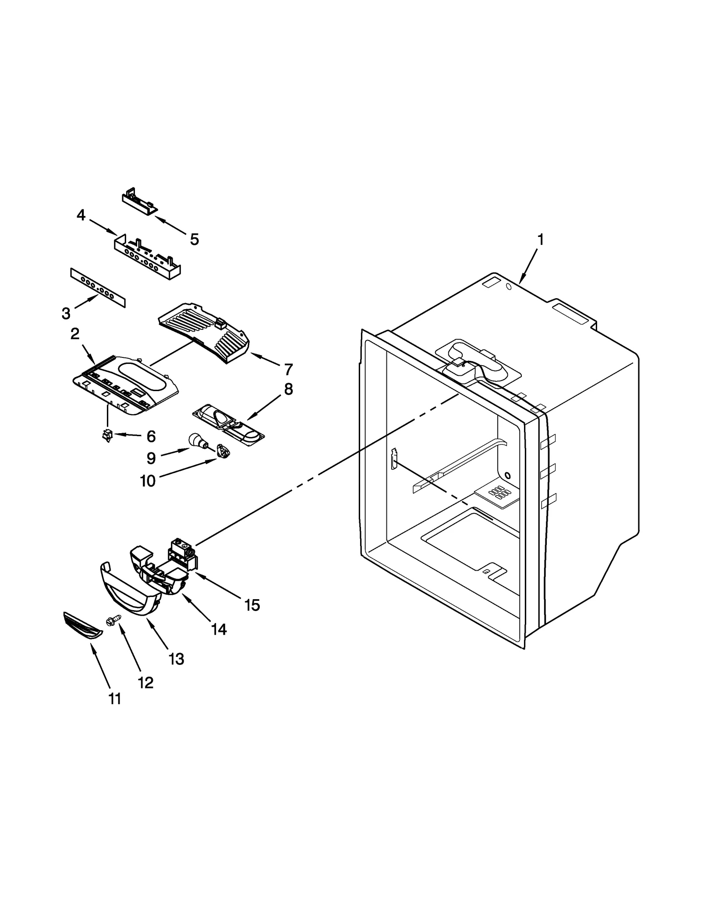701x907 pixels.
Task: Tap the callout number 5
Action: click(x=194, y=239)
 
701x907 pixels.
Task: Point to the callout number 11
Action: click(x=115, y=698)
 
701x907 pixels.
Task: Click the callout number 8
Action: click(x=288, y=389)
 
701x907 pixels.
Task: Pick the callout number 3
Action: click(x=66, y=313)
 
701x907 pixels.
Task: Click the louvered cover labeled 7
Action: click(x=204, y=333)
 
